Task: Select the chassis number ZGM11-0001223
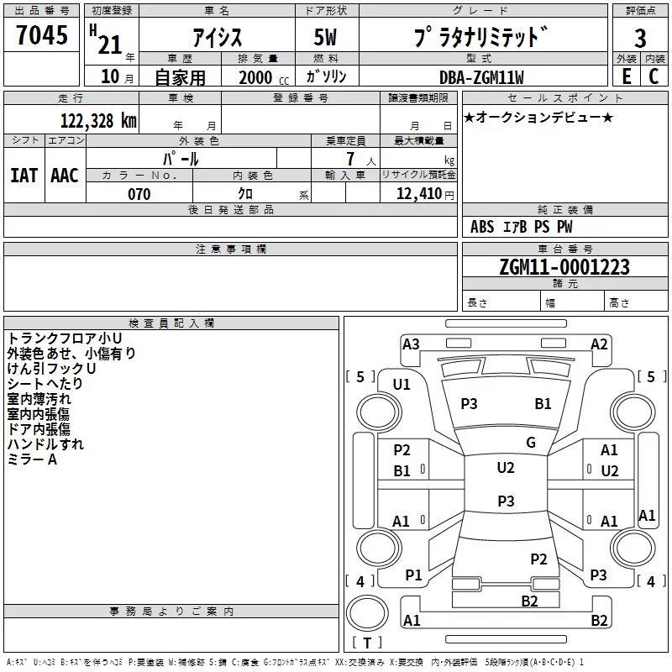point(564,268)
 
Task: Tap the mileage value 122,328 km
point(98,121)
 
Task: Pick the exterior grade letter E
point(626,76)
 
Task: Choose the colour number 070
point(139,194)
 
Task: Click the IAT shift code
point(24,176)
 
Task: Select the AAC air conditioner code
point(64,176)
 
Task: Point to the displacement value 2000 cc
point(256,77)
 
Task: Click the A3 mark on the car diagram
point(411,344)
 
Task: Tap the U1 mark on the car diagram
point(402,385)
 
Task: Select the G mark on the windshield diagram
point(531,443)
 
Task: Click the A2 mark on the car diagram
point(599,344)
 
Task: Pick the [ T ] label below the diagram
point(367,643)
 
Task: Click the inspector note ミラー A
point(32,459)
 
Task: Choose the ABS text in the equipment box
point(482,227)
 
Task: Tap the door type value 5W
point(327,37)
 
